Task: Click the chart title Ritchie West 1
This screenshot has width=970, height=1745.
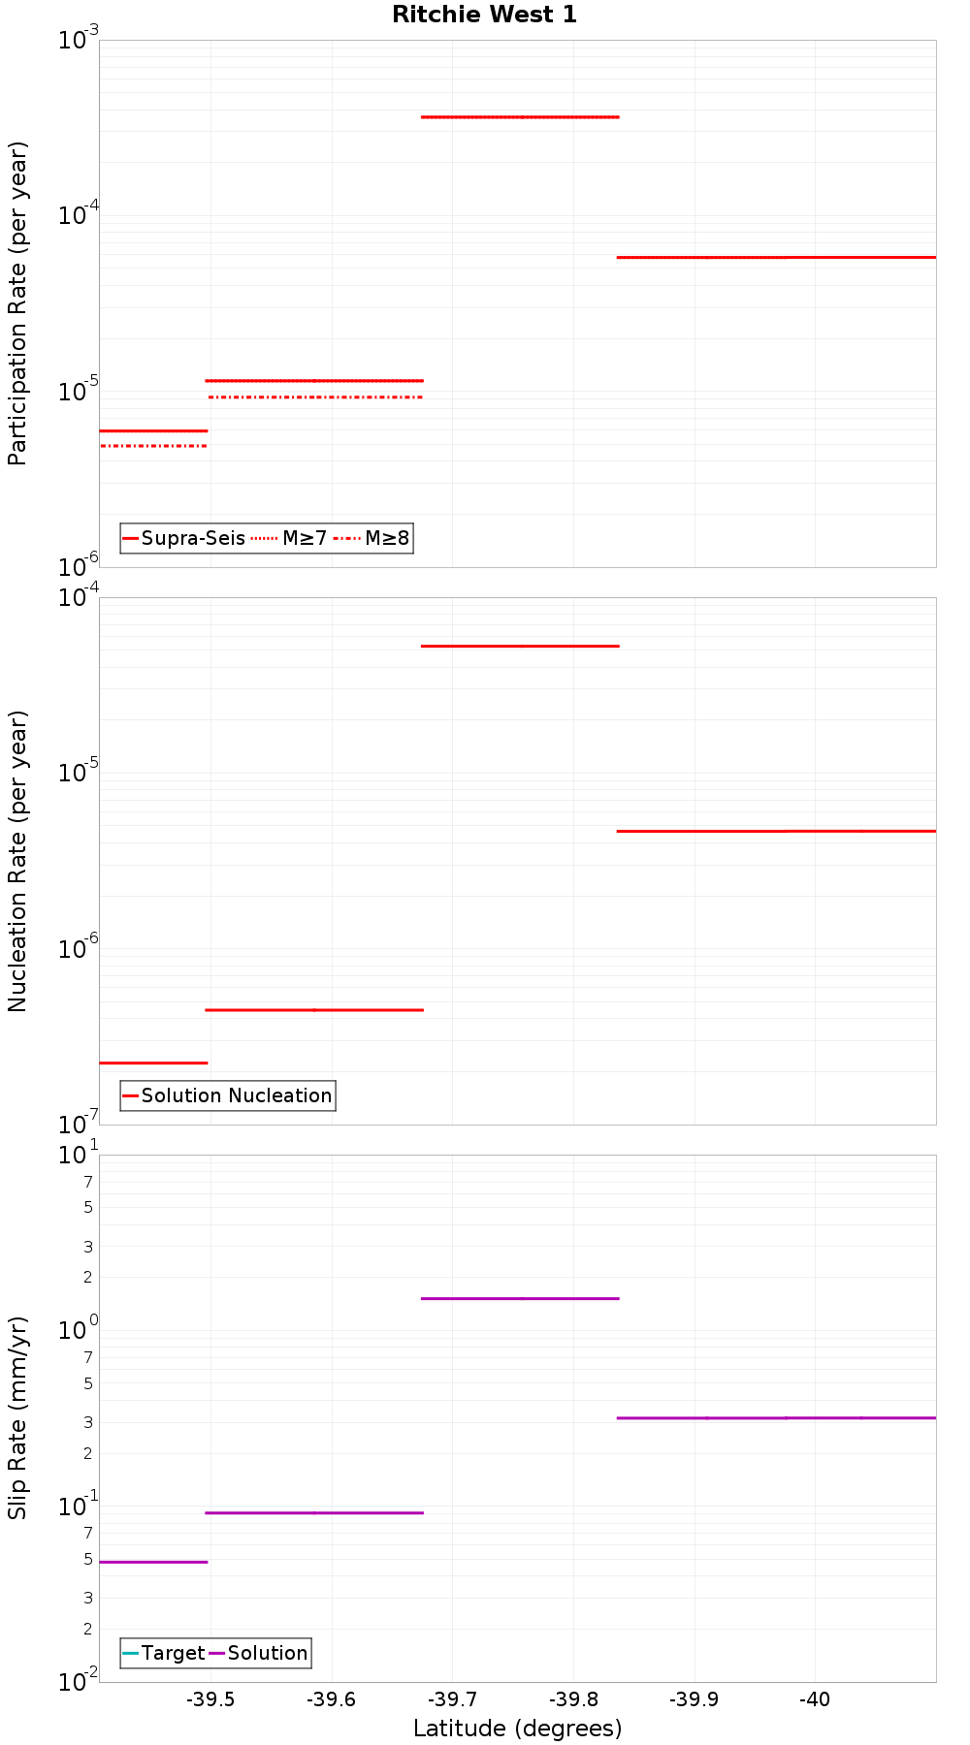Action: (x=484, y=15)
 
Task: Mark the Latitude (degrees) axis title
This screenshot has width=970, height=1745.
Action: (x=517, y=1729)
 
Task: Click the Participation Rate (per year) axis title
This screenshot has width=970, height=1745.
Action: (x=18, y=303)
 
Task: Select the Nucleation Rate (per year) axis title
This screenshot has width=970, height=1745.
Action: (x=18, y=861)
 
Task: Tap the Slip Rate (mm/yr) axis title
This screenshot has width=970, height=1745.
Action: (x=18, y=1417)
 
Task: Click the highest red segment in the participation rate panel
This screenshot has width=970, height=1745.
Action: (x=520, y=116)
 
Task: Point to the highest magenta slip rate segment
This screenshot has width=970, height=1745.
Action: (x=520, y=1298)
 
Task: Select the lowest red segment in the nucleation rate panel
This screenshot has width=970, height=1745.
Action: (x=153, y=1063)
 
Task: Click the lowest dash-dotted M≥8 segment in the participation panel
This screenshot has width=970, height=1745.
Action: (x=153, y=446)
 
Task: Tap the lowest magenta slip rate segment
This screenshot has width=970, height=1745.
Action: (x=153, y=1562)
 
